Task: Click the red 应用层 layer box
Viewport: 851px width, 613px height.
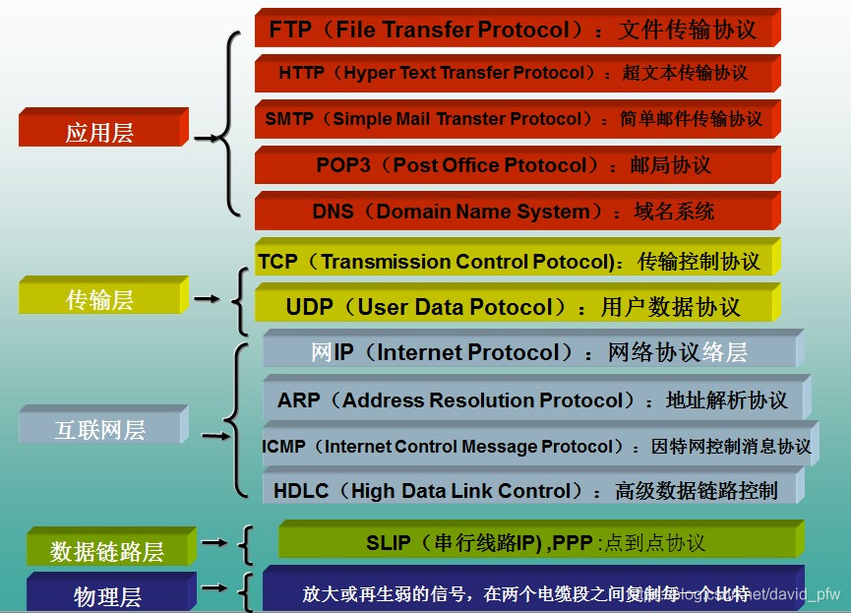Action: [101, 131]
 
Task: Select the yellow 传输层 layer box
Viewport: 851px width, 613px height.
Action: [100, 298]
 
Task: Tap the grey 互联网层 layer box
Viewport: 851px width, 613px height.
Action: [100, 428]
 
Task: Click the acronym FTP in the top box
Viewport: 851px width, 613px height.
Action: [289, 30]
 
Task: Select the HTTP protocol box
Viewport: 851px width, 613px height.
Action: [517, 73]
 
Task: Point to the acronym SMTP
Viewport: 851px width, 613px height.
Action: [289, 119]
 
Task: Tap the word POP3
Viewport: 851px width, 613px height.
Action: [343, 165]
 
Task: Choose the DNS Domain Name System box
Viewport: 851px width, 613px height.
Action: [517, 211]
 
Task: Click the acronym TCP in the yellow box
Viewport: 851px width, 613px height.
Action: [277, 262]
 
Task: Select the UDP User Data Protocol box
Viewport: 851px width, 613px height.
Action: [517, 307]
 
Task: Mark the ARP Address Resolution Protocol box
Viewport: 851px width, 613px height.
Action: [536, 400]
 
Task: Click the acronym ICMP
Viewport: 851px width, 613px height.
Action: [284, 447]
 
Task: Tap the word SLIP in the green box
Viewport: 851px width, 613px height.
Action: [390, 543]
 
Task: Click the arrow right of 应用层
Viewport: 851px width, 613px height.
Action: [206, 139]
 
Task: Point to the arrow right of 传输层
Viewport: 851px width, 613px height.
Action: [206, 298]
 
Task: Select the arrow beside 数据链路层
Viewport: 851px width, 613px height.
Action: [213, 542]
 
